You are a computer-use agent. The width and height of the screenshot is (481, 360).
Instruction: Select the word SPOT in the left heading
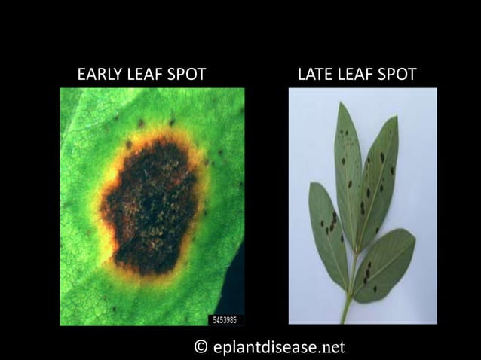click(187, 74)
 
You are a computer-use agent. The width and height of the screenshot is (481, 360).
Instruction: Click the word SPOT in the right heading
click(395, 74)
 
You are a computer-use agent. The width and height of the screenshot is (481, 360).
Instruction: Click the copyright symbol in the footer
click(201, 346)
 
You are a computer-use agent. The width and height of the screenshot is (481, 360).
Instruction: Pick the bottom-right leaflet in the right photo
click(384, 264)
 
